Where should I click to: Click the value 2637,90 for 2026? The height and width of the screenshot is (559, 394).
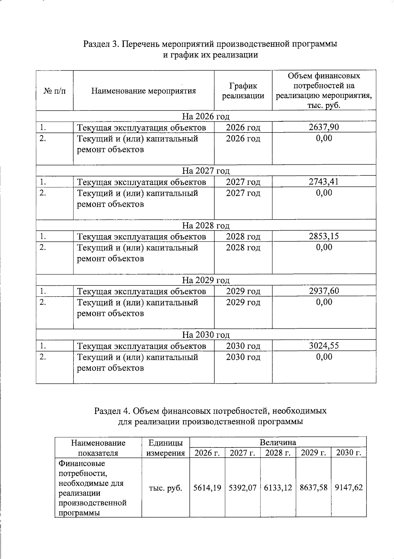324,127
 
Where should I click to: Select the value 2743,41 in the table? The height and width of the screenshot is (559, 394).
324,182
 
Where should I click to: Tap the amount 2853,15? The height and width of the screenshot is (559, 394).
324,236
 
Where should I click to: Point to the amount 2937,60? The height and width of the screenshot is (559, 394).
324,291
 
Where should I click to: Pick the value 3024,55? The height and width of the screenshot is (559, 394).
324,346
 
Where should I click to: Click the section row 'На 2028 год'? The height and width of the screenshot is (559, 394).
206,225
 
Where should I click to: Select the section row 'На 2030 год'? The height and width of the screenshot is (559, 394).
206,335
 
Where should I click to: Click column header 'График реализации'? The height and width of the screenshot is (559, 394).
243,91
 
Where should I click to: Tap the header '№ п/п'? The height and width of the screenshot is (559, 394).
55,91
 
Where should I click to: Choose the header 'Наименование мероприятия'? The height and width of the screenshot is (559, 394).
143,91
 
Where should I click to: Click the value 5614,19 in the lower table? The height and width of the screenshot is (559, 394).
207,488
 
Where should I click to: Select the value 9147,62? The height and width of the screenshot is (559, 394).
349,488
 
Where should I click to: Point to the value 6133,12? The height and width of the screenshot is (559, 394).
278,488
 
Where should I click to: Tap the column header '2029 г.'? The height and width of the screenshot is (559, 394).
313,453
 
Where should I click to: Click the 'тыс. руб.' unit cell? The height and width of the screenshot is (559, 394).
165,488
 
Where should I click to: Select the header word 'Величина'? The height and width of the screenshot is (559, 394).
278,442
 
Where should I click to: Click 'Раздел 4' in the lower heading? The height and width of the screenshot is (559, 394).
113,411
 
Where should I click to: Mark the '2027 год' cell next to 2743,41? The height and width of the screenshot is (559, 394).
243,182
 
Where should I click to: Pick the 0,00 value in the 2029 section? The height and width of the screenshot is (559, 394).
324,302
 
